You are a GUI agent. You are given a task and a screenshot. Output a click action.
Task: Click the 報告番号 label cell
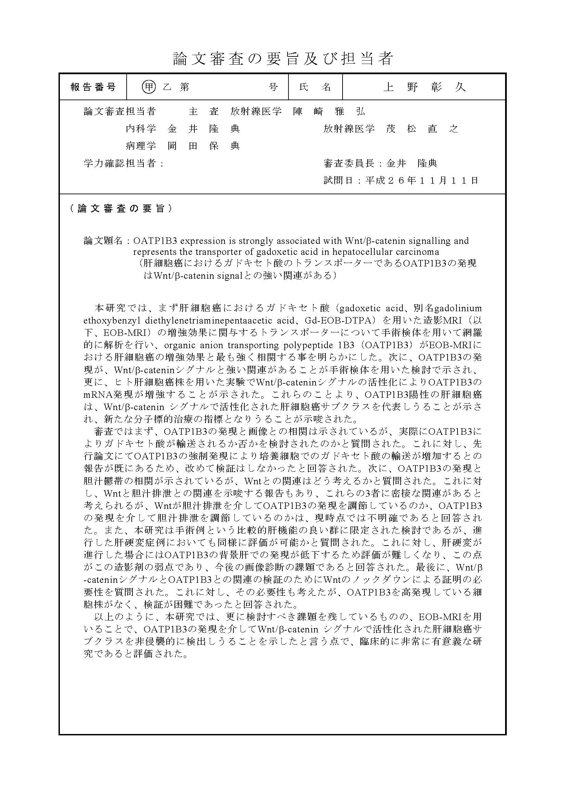93,87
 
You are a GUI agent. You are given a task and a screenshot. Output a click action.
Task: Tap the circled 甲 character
149,87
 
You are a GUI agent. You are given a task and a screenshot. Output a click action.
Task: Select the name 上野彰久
424,87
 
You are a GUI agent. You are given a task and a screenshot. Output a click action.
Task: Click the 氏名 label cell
315,87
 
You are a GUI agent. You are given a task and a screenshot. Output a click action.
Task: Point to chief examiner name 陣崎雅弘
329,111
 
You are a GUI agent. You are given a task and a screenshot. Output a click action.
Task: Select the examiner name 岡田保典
204,146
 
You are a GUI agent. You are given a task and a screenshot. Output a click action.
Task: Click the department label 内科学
141,129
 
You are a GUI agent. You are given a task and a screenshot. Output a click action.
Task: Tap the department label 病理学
141,146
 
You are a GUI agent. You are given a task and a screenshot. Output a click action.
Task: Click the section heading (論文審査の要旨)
120,208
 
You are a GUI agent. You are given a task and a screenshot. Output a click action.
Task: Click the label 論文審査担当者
119,111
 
